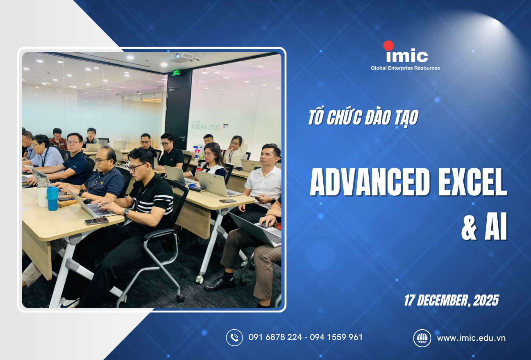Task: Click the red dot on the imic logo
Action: [x=388, y=46]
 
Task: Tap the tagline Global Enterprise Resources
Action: [x=405, y=68]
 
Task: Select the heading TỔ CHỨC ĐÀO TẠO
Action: [x=363, y=118]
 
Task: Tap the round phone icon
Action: [x=234, y=337]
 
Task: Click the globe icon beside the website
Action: [x=422, y=338]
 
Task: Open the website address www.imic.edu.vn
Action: [x=471, y=338]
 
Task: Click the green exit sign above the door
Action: [x=176, y=72]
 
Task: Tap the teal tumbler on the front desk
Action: [x=52, y=198]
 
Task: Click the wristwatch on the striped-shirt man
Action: [x=126, y=212]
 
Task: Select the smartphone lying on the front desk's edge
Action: [x=97, y=221]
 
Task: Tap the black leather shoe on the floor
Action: [x=220, y=284]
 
